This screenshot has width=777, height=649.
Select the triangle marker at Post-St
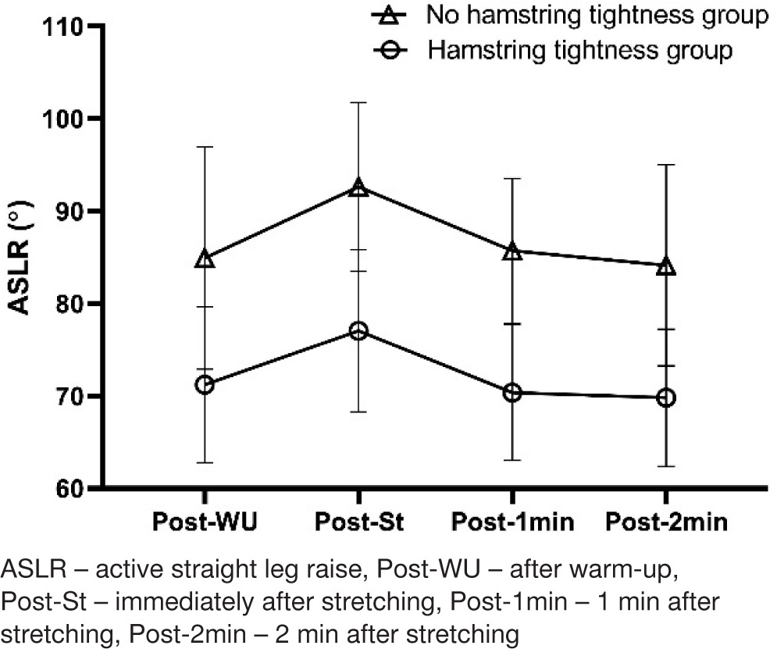coord(358,187)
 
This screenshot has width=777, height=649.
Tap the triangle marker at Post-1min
coord(511,251)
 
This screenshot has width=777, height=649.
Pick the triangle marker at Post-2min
coord(666,266)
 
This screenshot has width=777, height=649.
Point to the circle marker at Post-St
coord(358,331)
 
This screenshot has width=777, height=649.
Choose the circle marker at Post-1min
coord(511,393)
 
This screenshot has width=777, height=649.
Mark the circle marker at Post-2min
coord(666,398)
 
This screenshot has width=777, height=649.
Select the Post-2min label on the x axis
coord(666,522)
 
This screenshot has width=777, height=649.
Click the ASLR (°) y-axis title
coord(21,258)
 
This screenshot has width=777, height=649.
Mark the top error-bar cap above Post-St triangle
coord(358,102)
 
